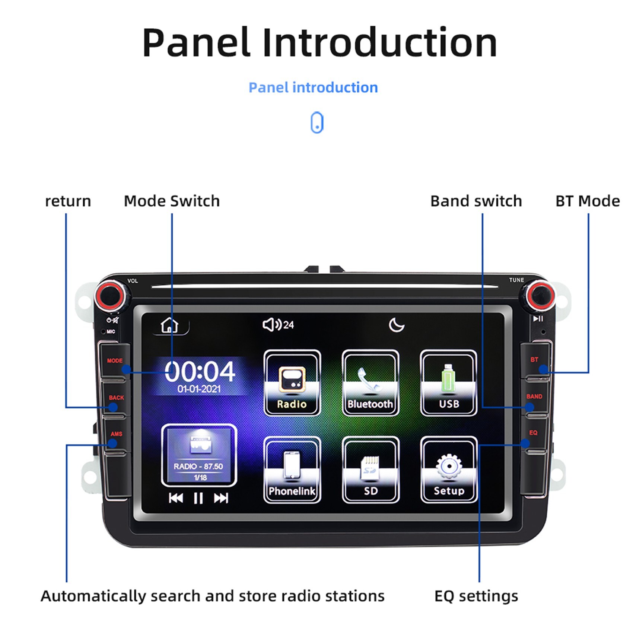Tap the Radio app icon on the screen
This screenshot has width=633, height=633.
[292, 383]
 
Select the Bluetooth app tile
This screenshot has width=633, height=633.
[370, 383]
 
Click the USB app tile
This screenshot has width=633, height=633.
[448, 383]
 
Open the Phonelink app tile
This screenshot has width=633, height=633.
[292, 470]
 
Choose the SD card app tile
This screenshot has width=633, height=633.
[370, 470]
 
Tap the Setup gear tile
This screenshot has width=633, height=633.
[449, 470]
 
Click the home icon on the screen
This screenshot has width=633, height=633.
[169, 325]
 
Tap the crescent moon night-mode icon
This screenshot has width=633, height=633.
[396, 325]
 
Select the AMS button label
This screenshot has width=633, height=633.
[116, 434]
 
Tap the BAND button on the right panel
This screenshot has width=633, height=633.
[534, 397]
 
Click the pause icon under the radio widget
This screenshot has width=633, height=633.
[198, 498]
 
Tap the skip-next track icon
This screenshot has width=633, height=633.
[221, 498]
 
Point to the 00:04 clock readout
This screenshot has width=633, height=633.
[200, 371]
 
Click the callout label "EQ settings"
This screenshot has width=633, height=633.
[476, 596]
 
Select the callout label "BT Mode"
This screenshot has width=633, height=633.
[588, 201]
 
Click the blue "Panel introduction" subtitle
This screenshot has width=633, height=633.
[313, 88]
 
